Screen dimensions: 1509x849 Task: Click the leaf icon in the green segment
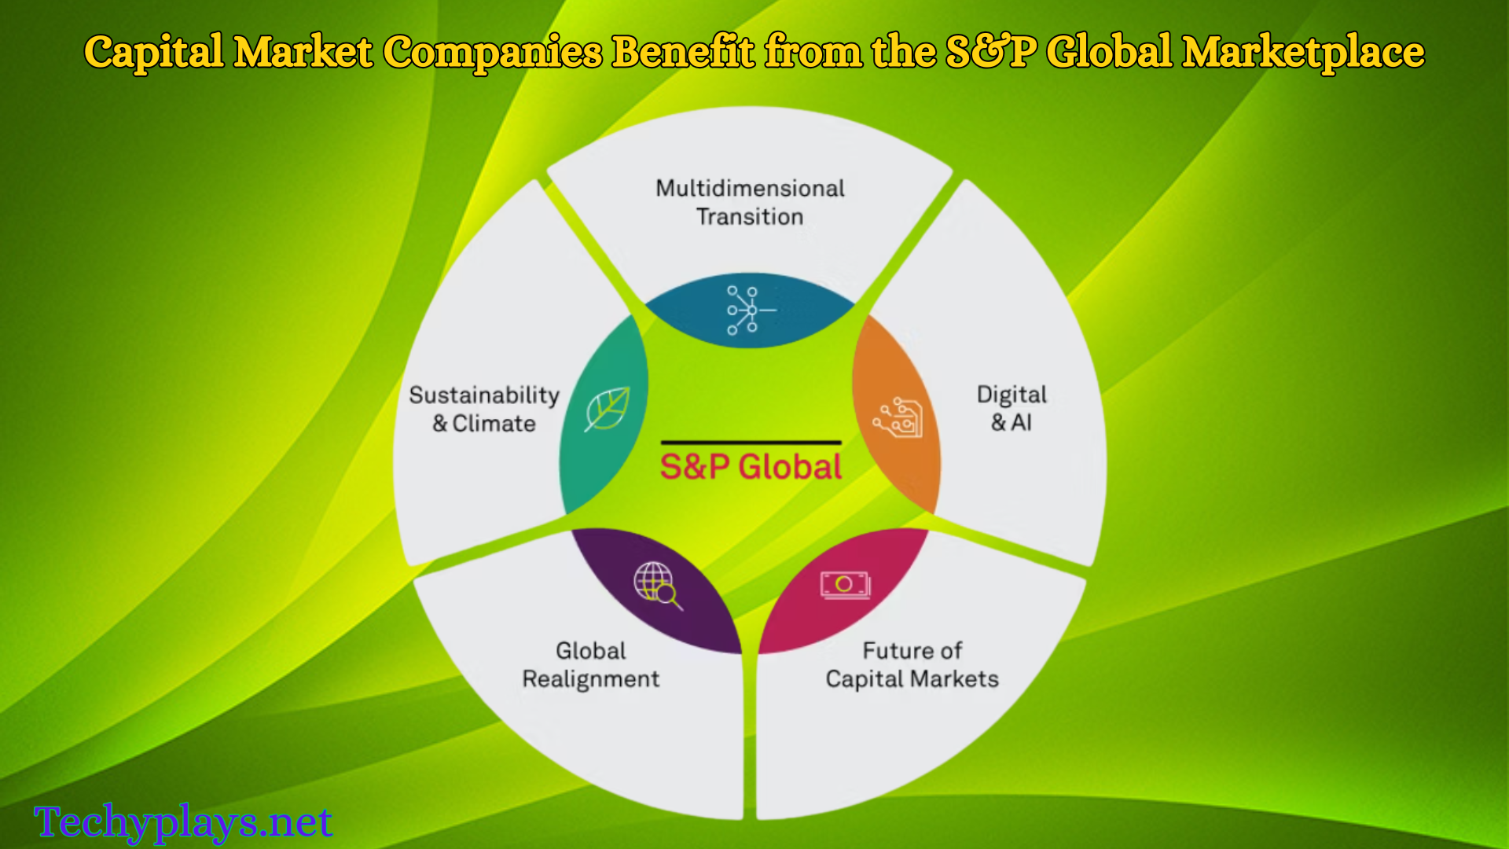click(x=607, y=408)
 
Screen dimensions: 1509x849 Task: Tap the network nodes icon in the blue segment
click(x=751, y=311)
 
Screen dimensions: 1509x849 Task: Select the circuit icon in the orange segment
click(x=898, y=418)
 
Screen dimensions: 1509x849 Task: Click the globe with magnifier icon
click(x=658, y=586)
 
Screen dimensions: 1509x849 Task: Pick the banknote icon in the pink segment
click(x=845, y=585)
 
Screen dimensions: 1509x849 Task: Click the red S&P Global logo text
click(x=751, y=467)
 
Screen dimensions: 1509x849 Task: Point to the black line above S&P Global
click(x=751, y=443)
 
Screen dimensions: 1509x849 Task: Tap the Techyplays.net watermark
click(x=183, y=822)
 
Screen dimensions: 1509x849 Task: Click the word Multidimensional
click(x=751, y=189)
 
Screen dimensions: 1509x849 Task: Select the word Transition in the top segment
click(x=750, y=217)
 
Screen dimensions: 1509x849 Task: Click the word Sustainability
click(x=484, y=395)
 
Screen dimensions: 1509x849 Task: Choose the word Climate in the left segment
click(x=494, y=424)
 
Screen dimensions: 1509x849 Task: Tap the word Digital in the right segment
click(x=1012, y=395)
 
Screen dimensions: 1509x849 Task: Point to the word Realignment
click(x=591, y=679)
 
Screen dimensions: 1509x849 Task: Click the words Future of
click(x=912, y=651)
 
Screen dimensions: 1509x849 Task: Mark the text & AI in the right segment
click(x=1012, y=423)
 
